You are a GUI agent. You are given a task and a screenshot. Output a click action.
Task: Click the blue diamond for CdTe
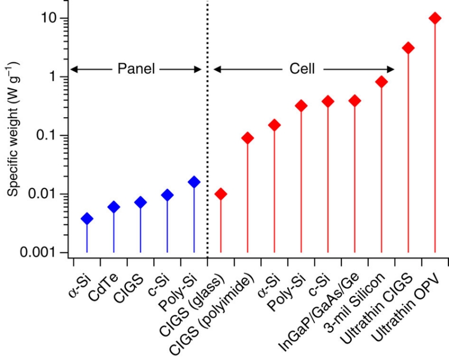(114, 207)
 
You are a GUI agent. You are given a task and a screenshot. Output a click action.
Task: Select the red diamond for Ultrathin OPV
(434, 18)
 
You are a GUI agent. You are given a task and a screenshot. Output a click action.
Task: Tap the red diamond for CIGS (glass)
(221, 194)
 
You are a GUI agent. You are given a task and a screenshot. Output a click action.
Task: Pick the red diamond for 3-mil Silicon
(382, 82)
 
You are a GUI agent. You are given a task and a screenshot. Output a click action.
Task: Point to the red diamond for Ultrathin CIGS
(408, 48)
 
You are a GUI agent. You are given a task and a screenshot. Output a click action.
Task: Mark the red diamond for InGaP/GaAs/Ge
(355, 101)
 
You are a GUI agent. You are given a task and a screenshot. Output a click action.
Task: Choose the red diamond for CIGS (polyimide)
(248, 138)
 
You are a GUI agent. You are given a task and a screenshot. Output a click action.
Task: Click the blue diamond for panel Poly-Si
(194, 182)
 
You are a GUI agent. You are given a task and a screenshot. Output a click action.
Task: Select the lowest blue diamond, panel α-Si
(87, 219)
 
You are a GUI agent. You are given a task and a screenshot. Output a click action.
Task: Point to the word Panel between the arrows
(135, 69)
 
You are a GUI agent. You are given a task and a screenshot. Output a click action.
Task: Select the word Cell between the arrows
(302, 69)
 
